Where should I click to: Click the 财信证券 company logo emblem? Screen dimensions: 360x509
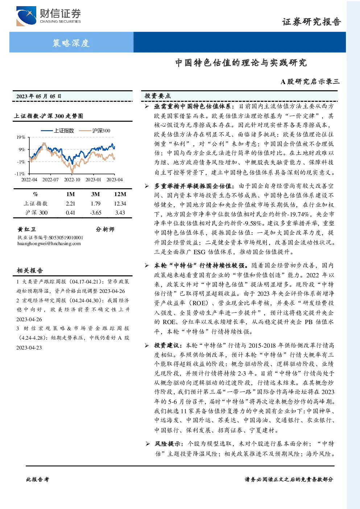(x=26, y=16)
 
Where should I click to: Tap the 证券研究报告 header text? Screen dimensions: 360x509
(x=311, y=22)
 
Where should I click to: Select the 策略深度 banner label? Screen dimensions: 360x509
(x=71, y=43)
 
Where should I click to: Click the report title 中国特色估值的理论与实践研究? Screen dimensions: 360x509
(x=241, y=63)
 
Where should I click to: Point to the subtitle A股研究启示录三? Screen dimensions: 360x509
(x=310, y=81)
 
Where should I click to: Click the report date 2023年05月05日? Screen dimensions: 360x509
(x=39, y=96)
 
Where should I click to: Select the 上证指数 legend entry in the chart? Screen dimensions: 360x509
(x=58, y=131)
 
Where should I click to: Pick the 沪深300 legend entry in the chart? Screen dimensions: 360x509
(x=95, y=131)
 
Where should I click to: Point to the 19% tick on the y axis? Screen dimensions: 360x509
(x=21, y=137)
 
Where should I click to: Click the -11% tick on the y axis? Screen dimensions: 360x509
(x=20, y=174)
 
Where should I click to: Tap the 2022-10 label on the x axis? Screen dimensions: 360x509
(x=72, y=180)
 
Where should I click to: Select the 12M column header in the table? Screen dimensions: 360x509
(x=120, y=194)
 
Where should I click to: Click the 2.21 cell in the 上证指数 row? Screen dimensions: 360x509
(x=70, y=204)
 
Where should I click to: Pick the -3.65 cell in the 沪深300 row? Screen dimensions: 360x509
(x=95, y=213)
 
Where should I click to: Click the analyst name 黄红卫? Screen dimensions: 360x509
(x=26, y=229)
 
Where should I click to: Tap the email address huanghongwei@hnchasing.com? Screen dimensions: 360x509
(x=49, y=244)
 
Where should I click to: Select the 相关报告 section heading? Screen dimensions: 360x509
(x=30, y=270)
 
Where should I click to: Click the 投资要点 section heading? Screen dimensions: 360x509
(x=157, y=96)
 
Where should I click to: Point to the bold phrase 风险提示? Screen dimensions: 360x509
(x=167, y=443)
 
